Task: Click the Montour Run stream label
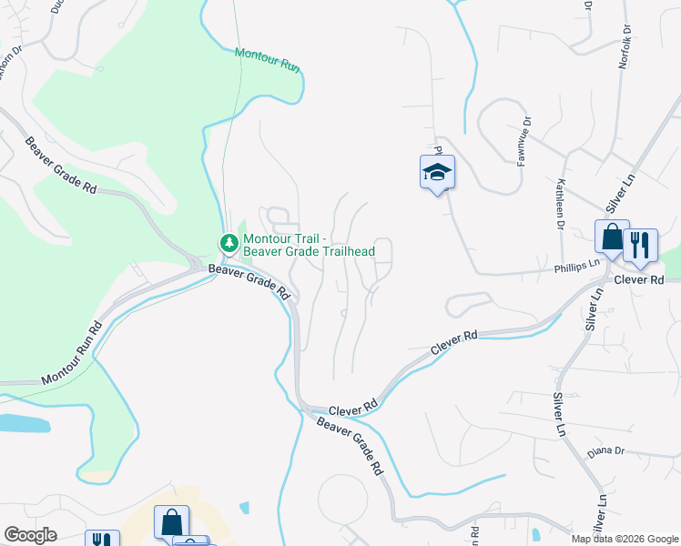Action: tap(267, 61)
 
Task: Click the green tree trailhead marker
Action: tap(229, 243)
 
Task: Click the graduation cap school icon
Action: tap(437, 172)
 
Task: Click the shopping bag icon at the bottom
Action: tap(171, 522)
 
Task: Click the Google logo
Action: tap(30, 535)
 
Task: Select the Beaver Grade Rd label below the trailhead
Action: tap(249, 281)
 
